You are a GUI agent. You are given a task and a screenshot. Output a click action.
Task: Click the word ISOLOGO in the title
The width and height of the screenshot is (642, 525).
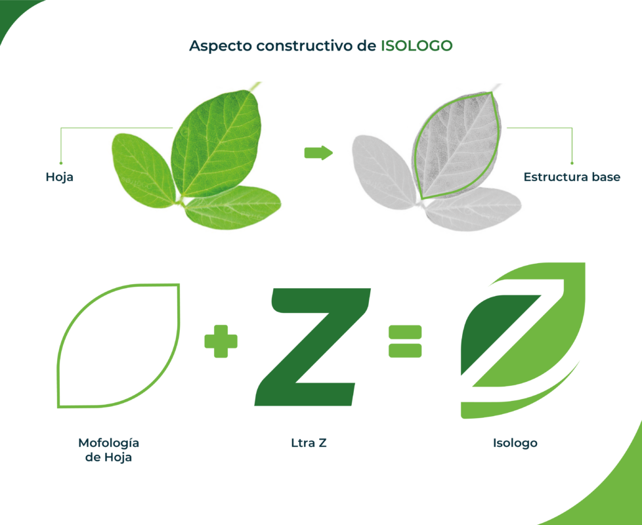[416, 46]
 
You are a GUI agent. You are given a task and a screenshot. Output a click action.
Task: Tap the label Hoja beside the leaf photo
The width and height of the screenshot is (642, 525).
[59, 178]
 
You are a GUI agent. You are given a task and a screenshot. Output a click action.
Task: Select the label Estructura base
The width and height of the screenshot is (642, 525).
[572, 177]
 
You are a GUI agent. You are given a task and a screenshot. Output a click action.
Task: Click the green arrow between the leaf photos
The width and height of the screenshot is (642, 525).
[318, 153]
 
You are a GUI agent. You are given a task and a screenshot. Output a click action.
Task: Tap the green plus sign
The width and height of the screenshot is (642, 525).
[221, 341]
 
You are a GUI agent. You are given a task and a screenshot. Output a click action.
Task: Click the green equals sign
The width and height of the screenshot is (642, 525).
[405, 341]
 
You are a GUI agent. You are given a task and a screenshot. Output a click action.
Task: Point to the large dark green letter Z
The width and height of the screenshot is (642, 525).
[313, 347]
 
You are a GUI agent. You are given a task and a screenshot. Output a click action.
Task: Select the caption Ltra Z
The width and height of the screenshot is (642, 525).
[309, 443]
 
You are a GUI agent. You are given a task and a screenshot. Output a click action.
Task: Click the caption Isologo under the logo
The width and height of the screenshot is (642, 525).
[515, 443]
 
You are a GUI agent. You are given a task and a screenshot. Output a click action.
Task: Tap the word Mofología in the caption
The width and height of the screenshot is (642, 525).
[109, 444]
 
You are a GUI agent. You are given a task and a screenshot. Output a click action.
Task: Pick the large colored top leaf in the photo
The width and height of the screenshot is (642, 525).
[216, 143]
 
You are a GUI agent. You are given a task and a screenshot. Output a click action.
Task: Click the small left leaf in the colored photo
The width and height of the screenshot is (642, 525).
[143, 170]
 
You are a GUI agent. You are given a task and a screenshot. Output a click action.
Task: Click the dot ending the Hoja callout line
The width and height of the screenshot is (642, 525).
[61, 163]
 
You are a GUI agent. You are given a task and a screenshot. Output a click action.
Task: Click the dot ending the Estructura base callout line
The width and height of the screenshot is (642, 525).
[572, 163]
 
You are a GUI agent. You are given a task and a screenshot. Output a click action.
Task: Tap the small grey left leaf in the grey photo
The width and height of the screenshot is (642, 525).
[383, 172]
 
